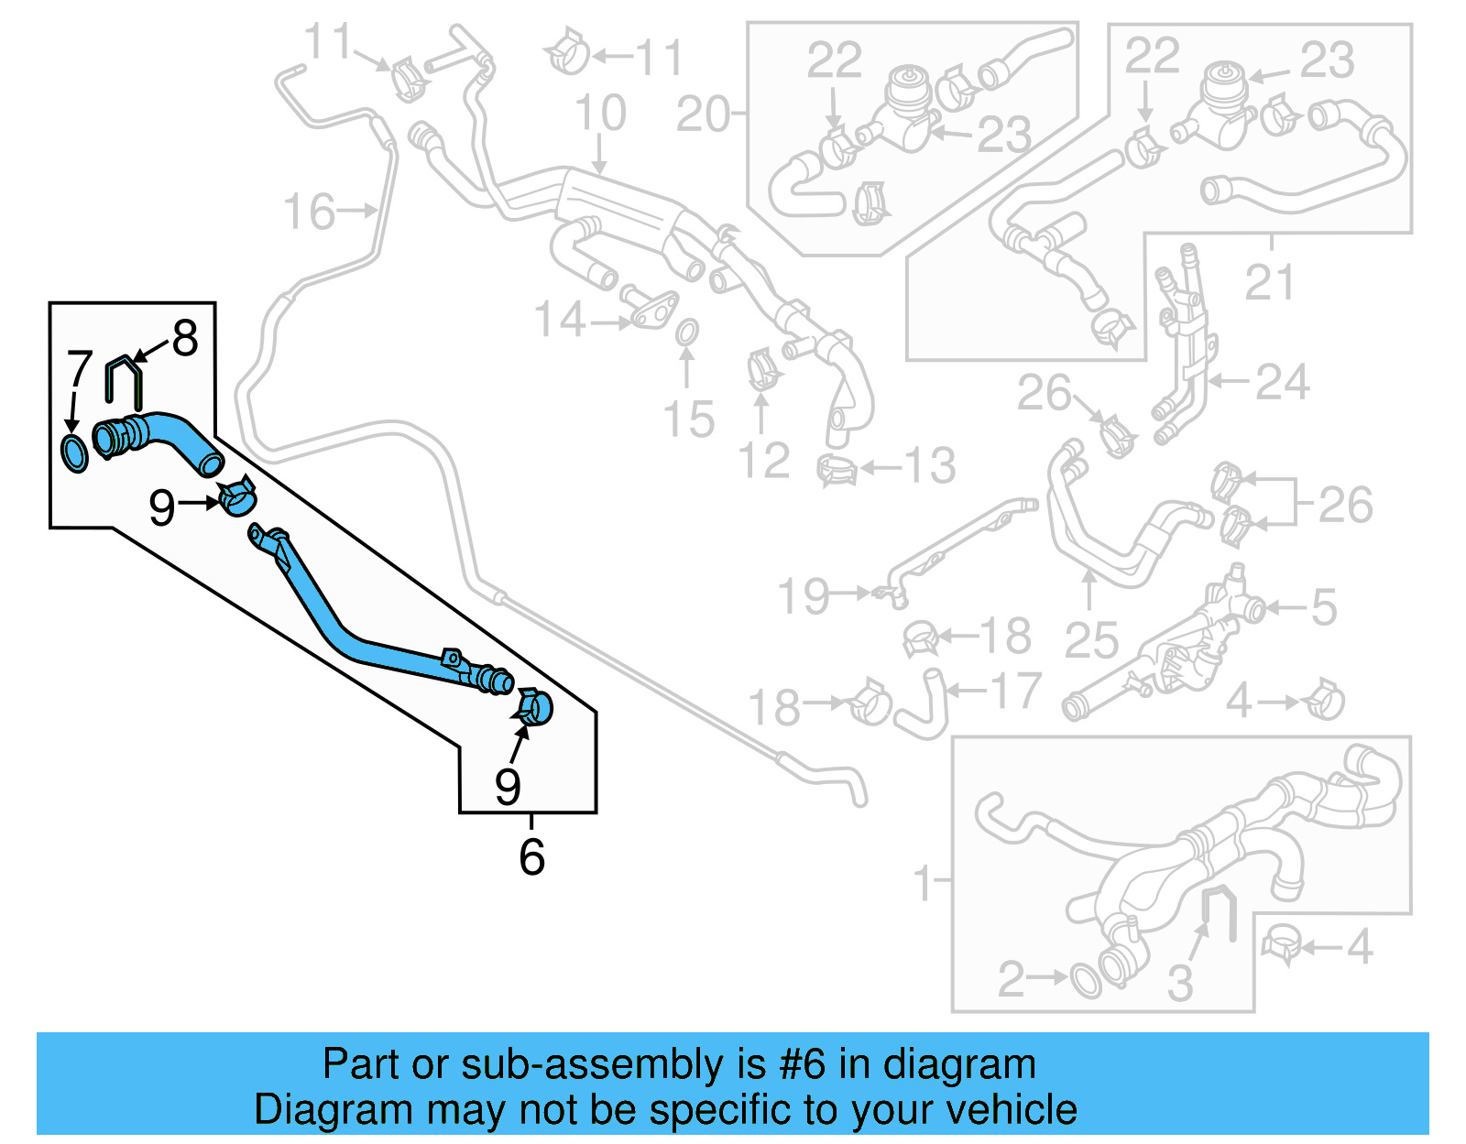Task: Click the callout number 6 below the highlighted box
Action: [x=531, y=857]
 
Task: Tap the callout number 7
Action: [x=80, y=369]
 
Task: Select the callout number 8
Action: [x=185, y=339]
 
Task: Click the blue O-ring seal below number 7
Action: [x=74, y=454]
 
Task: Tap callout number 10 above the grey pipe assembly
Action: [x=600, y=114]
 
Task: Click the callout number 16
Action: [x=309, y=212]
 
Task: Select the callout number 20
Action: [x=703, y=115]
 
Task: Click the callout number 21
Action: [x=1269, y=282]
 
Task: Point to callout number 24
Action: [x=1282, y=382]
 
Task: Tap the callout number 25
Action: [x=1091, y=639]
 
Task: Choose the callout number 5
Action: [x=1324, y=607]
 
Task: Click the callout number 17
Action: [x=1015, y=691]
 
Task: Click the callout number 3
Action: [x=1180, y=984]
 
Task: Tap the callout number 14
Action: [x=559, y=321]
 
